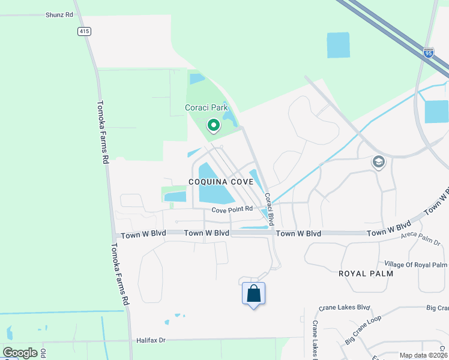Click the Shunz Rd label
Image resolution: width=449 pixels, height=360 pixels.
coord(59,14)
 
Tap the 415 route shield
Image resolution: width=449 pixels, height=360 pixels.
coord(83,30)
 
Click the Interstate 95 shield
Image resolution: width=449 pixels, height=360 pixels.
coord(428,53)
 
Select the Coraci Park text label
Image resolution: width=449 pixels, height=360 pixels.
coord(206,109)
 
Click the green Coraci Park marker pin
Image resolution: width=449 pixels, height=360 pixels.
coord(213,125)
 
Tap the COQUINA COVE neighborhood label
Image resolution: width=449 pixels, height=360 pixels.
coord(224,181)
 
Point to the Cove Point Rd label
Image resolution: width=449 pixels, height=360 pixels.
coord(234,210)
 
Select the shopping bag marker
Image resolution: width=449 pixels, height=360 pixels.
coord(254,294)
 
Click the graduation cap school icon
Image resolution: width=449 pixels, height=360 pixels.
coord(379,161)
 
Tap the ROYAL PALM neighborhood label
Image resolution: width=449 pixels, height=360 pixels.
coord(366,274)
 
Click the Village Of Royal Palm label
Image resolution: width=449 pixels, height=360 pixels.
coord(415,265)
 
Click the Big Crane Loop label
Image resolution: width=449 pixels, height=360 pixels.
coord(364,333)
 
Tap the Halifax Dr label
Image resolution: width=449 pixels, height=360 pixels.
coord(150,340)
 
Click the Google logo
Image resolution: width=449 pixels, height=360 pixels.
coord(20,353)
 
